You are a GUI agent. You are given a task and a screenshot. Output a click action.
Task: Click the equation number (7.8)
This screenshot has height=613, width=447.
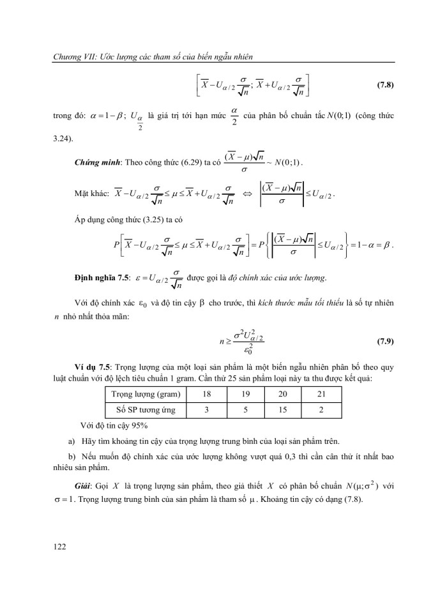click(383, 85)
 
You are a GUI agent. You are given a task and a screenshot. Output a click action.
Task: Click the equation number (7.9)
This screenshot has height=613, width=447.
click(383, 341)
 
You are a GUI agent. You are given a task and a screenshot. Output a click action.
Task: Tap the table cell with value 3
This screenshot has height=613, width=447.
click(207, 409)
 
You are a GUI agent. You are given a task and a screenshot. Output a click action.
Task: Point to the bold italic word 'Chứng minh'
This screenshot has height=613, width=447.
click(96, 162)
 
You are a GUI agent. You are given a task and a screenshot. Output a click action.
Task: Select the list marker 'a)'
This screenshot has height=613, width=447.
click(72, 441)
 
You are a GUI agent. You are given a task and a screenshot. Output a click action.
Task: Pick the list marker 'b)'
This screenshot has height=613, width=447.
click(72, 456)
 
